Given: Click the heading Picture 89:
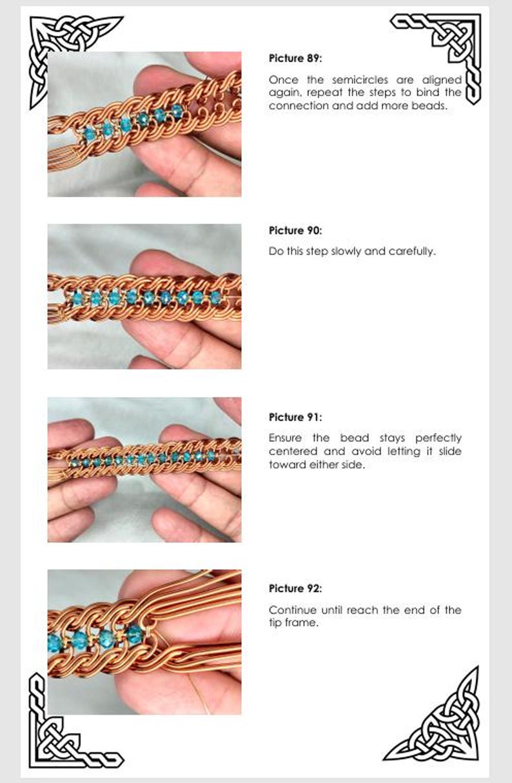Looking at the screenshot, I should pos(295,59).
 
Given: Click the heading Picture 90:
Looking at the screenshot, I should pos(295,231).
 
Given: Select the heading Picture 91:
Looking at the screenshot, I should pos(295,417).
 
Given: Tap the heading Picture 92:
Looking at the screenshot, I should pos(295,588).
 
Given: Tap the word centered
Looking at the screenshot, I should pos(291,451).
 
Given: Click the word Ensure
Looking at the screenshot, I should pos(285,438).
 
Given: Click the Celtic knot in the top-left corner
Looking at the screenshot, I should pos(61,48).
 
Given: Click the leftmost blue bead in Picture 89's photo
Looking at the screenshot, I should pos(90,133).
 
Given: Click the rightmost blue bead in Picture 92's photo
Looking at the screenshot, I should pos(134,634).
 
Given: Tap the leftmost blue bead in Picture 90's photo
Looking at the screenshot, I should pos(78,298).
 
